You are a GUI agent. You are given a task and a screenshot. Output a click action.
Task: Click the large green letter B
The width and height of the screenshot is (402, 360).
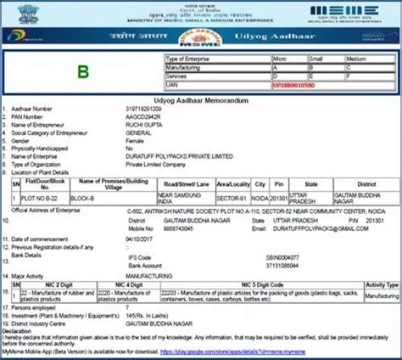click(x=81, y=71)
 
